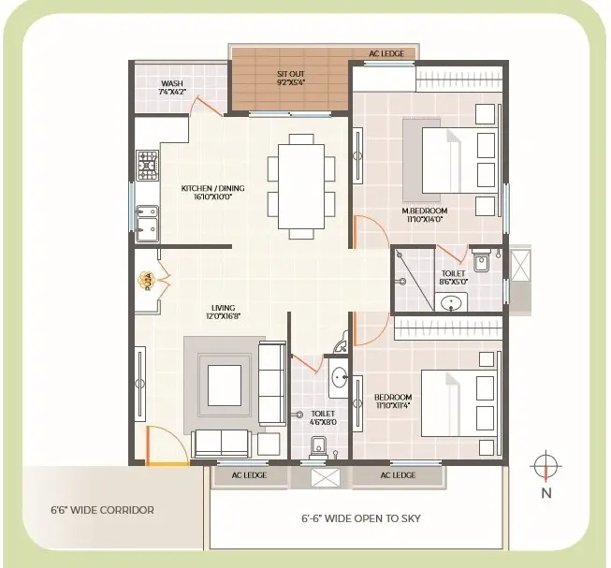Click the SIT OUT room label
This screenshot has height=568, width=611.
tap(291, 78)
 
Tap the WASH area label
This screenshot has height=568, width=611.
tap(172, 87)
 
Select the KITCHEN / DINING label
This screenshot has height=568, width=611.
tap(212, 192)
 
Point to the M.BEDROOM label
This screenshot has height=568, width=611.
tap(425, 214)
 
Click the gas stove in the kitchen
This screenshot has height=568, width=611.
tap(147, 166)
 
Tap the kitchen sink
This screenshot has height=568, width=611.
tap(147, 224)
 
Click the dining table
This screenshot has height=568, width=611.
tap(301, 186)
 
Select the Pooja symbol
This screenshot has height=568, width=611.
tap(147, 281)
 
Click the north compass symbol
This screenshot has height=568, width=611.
tap(546, 466)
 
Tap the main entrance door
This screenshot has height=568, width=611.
tap(166, 445)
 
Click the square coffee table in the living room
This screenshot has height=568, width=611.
tap(224, 386)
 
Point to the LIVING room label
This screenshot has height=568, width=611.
tap(224, 312)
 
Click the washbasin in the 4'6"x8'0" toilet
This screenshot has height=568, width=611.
tap(339, 377)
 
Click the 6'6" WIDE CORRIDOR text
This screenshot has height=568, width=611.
tap(103, 510)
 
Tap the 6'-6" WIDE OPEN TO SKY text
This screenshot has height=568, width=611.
tap(361, 518)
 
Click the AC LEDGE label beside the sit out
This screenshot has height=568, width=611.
tap(386, 53)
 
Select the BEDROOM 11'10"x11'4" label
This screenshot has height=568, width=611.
tap(393, 401)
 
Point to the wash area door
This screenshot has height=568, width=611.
tap(207, 106)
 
